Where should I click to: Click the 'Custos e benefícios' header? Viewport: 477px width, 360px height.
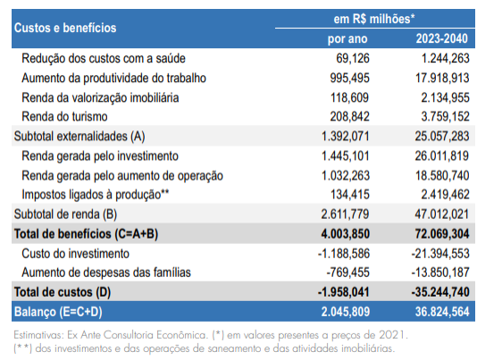[65, 28]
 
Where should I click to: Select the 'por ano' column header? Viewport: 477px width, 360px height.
[347, 39]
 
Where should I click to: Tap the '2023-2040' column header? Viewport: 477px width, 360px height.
[441, 38]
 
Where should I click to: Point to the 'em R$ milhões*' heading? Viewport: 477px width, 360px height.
[374, 19]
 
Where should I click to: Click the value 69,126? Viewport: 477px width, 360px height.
[353, 58]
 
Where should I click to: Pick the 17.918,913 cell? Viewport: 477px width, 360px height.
[442, 78]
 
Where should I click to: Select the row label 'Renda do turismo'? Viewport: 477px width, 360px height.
[64, 116]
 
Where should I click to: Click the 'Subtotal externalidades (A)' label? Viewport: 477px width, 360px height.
[79, 137]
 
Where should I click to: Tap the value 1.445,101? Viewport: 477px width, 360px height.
[346, 156]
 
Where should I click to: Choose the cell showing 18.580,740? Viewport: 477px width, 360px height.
[442, 176]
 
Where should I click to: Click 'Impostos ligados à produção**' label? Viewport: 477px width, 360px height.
[96, 195]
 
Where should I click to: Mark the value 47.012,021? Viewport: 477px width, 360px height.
[441, 214]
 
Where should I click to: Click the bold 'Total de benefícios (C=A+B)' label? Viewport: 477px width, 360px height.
[86, 234]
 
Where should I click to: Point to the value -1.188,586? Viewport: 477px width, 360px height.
[344, 254]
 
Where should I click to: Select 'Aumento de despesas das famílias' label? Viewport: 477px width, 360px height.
[106, 272]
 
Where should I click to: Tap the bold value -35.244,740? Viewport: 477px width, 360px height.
[440, 292]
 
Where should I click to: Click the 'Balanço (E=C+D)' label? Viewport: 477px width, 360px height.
[58, 312]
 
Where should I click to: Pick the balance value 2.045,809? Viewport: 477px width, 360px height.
[346, 312]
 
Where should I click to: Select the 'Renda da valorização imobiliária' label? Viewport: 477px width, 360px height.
[100, 98]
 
